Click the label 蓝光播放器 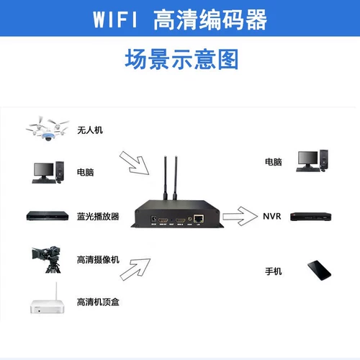pyautogui.click(x=97, y=216)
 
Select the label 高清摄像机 pyautogui.click(x=97, y=259)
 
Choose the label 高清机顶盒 pyautogui.click(x=97, y=301)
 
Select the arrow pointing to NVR pyautogui.click(x=240, y=215)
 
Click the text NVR pyautogui.click(x=271, y=216)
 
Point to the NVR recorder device pyautogui.click(x=311, y=216)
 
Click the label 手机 pyautogui.click(x=274, y=271)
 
